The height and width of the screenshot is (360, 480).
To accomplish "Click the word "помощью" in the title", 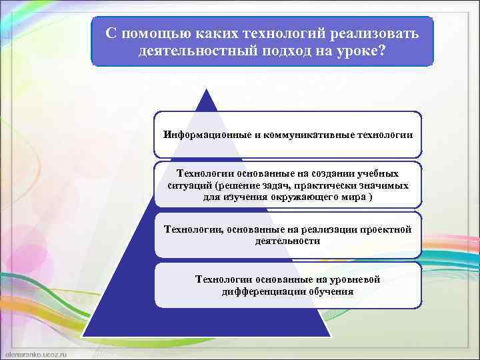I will (148, 33).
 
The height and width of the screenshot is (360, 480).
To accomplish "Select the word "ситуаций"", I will (190, 185).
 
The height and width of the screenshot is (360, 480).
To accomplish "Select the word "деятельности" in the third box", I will (287, 241).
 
